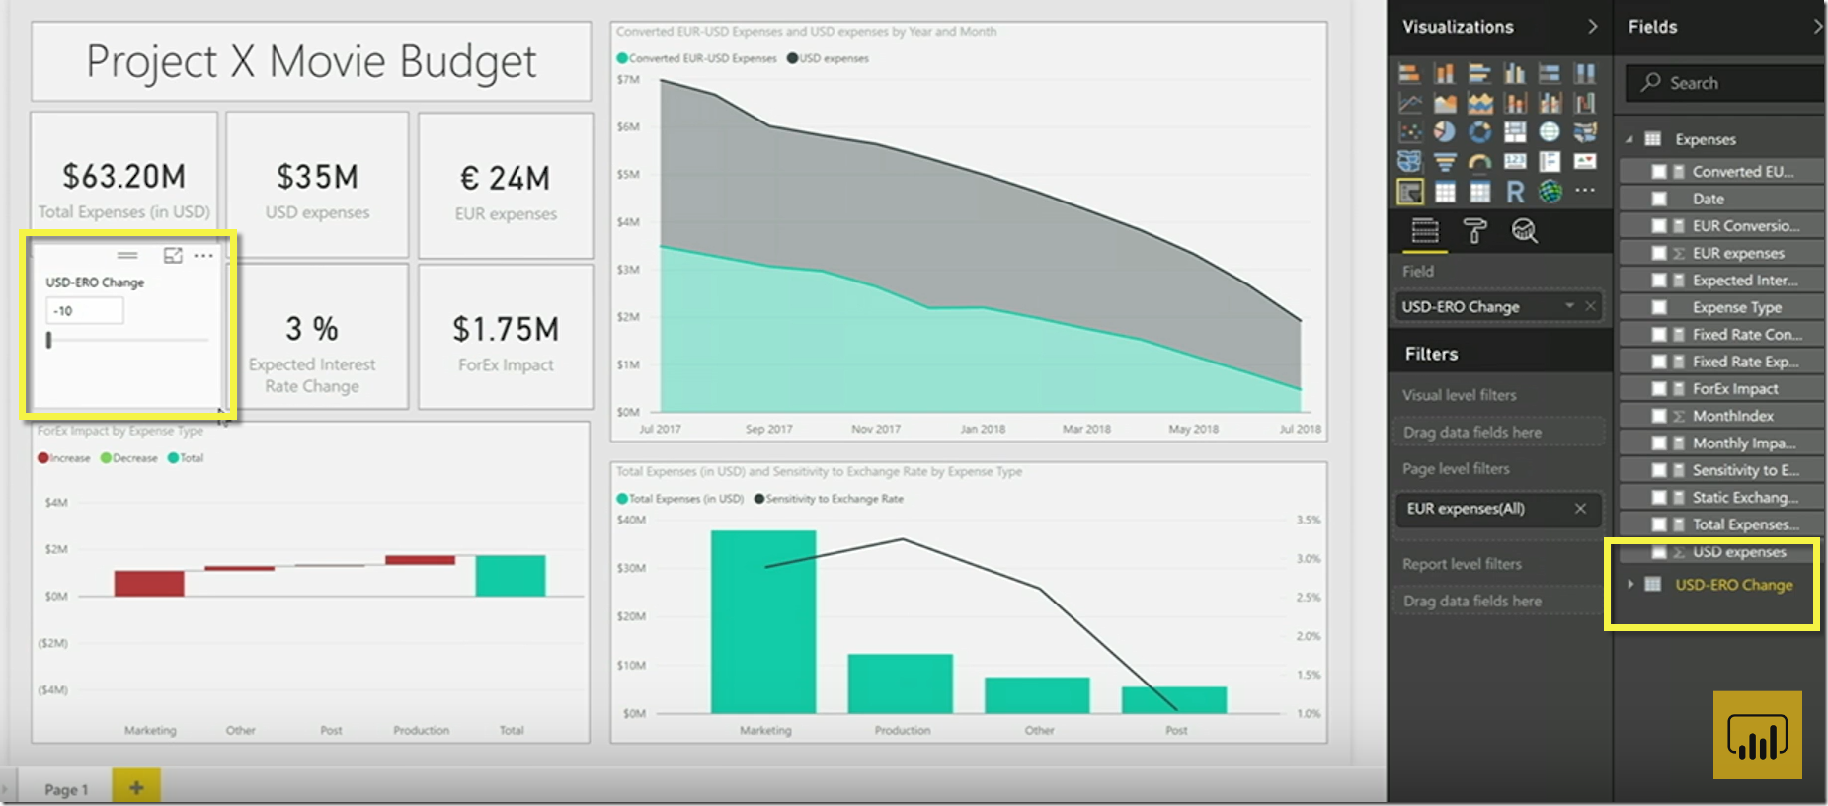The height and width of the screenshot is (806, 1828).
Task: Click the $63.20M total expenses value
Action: [x=123, y=177]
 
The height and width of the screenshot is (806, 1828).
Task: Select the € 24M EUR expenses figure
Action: [x=505, y=179]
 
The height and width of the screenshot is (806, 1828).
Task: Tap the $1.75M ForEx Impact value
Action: [x=506, y=330]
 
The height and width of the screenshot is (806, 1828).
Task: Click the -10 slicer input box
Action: [x=85, y=311]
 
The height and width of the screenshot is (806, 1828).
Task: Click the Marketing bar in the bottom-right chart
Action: [x=763, y=621]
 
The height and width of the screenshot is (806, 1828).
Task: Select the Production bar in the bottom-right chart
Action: [x=900, y=683]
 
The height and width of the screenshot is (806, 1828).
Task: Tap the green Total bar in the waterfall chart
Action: [x=510, y=576]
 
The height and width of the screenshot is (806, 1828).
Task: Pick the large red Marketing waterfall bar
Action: [x=149, y=583]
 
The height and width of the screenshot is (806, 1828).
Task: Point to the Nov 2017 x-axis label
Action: [x=875, y=429]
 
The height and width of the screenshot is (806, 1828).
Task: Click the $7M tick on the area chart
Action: [x=628, y=80]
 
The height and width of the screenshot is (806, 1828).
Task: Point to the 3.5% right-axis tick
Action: [x=1308, y=520]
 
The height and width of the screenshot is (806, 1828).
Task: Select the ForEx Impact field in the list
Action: [x=1734, y=389]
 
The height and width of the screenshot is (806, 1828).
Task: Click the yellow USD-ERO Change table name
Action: [x=1733, y=585]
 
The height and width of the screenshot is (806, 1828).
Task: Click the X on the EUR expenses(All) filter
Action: [x=1580, y=509]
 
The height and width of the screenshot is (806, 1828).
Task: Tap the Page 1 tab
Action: [x=66, y=789]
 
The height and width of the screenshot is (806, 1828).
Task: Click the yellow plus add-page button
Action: [x=136, y=787]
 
